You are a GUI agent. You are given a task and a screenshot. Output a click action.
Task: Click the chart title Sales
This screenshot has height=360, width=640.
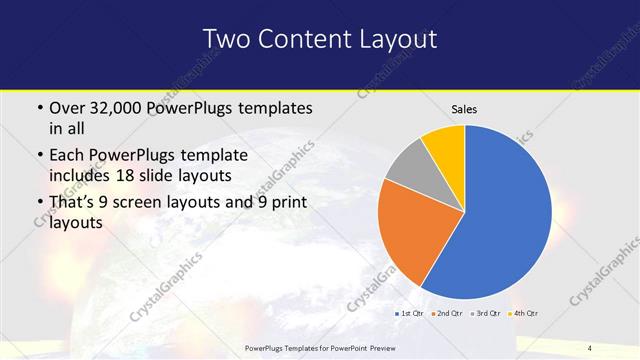465,109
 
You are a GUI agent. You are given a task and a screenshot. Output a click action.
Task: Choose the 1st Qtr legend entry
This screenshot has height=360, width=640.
411,314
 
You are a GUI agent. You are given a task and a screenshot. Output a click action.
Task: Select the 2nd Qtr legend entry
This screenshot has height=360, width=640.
449,314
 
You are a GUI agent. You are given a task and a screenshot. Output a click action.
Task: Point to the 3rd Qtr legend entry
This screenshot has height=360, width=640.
487,314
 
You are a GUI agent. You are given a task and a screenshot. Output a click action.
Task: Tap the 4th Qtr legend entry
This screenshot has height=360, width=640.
525,314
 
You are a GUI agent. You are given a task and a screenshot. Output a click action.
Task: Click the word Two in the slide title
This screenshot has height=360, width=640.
225,39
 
